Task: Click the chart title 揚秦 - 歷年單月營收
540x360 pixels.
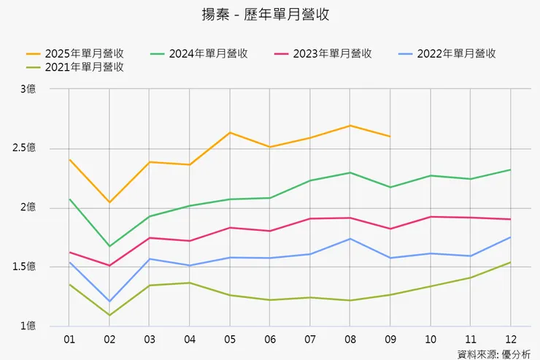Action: tap(270, 15)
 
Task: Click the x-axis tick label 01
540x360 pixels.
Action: tap(69, 340)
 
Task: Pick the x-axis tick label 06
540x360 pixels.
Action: tap(269, 340)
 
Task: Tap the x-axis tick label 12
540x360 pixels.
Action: tap(509, 340)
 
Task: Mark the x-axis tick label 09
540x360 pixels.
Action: tap(390, 340)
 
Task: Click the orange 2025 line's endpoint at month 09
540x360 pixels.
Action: tap(390, 137)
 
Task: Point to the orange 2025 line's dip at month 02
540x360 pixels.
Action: tap(109, 202)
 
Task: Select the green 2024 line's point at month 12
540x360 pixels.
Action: tap(509, 170)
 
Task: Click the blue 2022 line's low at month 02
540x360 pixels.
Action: tap(109, 301)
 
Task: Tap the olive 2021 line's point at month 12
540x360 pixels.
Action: tap(509, 262)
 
